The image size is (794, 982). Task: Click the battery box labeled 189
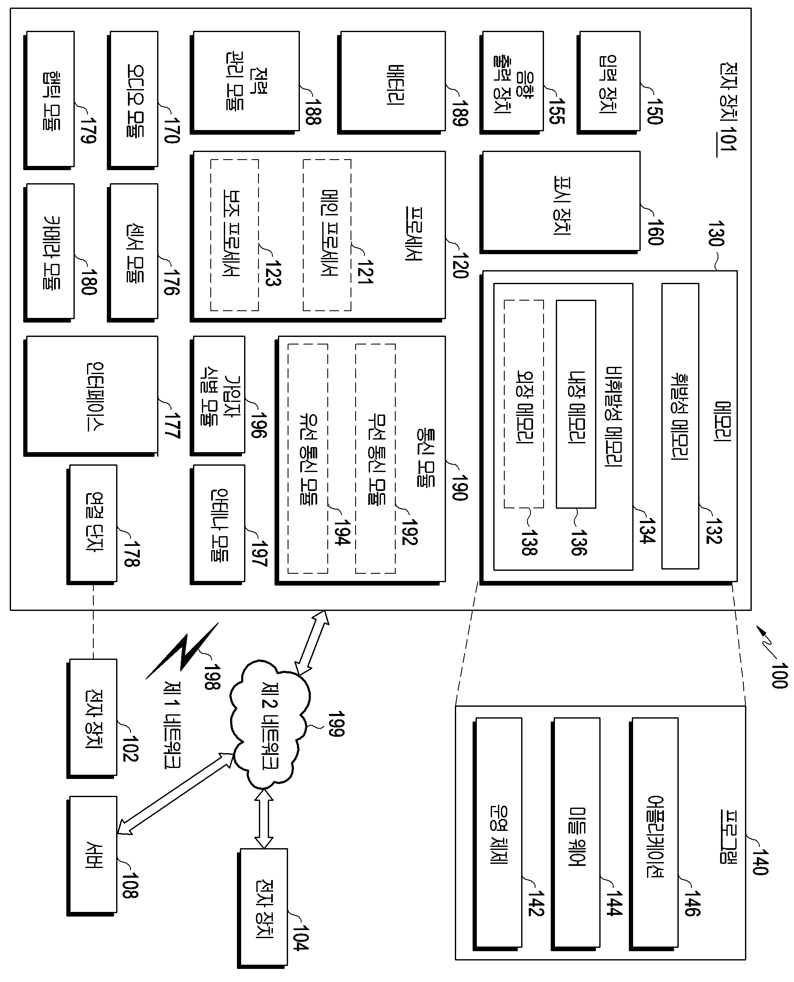pyautogui.click(x=392, y=82)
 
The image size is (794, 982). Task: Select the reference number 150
pyautogui.click(x=655, y=111)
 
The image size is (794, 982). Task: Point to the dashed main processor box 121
pyautogui.click(x=327, y=235)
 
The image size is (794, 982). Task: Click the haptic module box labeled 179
pyautogui.click(x=49, y=100)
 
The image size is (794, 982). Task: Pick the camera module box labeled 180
pyautogui.click(x=49, y=253)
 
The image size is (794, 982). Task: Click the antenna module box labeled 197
pyautogui.click(x=218, y=524)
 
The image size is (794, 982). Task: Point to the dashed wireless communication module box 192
pyautogui.click(x=375, y=458)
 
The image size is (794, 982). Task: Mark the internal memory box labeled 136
pyautogui.click(x=576, y=404)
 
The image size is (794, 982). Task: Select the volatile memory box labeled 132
pyautogui.click(x=680, y=426)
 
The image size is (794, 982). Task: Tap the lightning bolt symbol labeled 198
pyautogui.click(x=182, y=651)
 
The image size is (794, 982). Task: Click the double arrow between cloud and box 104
pyautogui.click(x=264, y=819)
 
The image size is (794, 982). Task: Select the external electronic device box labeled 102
pyautogui.click(x=92, y=719)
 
